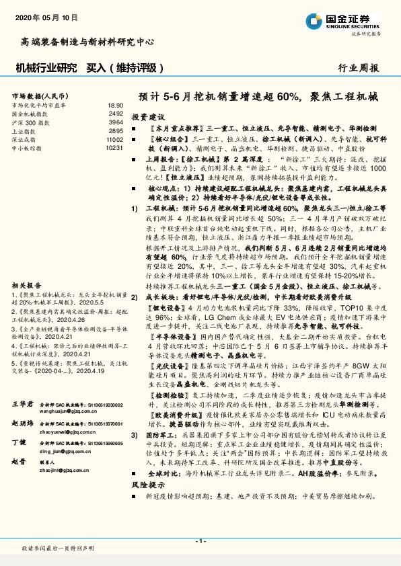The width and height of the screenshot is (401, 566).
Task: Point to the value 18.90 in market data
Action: point(115,106)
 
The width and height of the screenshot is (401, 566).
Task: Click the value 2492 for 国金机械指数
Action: point(116,114)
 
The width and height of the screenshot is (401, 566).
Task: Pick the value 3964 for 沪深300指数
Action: point(116,122)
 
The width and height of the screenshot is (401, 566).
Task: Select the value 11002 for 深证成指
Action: point(114,138)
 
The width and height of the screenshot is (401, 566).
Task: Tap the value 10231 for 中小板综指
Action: point(114,147)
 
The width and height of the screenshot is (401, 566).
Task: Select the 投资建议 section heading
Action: point(148,116)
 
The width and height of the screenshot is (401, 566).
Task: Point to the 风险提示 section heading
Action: point(148,484)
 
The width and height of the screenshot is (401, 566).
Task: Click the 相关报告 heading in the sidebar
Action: point(24,285)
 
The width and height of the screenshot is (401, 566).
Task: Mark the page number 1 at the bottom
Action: point(200,541)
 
